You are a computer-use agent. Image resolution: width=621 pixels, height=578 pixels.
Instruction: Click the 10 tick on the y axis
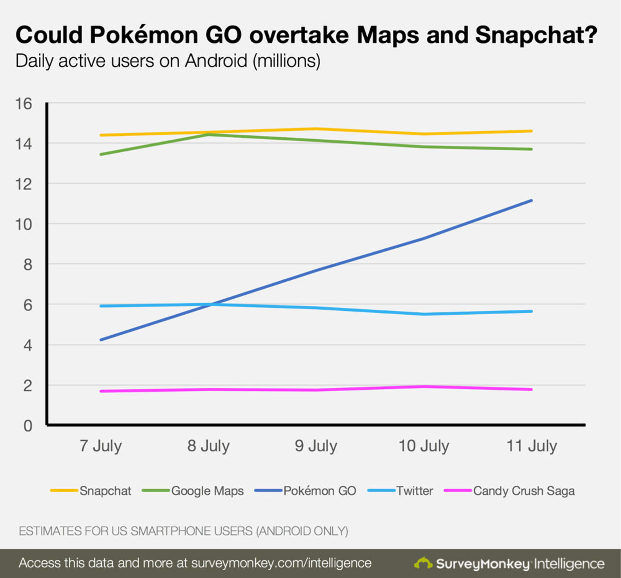(23, 225)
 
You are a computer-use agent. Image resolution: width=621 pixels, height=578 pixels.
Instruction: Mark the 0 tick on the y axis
(28, 426)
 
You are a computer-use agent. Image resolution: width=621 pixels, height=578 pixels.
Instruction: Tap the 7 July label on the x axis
(100, 446)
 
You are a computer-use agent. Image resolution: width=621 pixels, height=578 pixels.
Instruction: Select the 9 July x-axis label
(316, 446)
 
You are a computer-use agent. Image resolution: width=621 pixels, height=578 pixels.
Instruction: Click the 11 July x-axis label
(532, 446)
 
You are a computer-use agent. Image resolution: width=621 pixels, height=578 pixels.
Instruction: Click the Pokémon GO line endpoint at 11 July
(532, 200)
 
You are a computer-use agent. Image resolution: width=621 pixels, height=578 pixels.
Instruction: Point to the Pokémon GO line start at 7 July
(100, 340)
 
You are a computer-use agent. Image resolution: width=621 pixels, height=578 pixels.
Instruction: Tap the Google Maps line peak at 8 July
(208, 134)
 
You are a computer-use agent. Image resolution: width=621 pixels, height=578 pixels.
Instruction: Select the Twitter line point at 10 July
(424, 314)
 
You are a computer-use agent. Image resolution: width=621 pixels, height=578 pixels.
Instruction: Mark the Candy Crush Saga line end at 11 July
(532, 389)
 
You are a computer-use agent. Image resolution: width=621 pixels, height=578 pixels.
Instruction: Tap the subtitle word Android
(216, 61)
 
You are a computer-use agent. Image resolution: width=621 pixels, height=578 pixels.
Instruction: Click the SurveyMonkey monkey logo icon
(423, 563)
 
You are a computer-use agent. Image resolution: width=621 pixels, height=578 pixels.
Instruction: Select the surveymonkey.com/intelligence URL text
(281, 563)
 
